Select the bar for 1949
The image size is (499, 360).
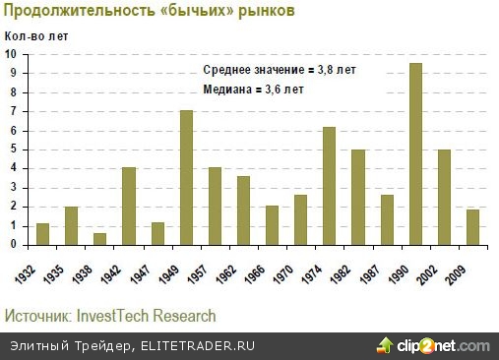[x=185, y=178]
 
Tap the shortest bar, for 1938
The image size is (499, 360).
[x=99, y=239]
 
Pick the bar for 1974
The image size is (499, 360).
[x=329, y=186]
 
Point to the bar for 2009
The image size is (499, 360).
[x=472, y=227]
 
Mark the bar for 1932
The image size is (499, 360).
[x=42, y=234]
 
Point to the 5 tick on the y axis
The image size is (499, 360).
[x=15, y=150]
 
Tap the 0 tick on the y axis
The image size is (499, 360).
[x=15, y=245]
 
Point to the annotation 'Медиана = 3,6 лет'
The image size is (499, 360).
[x=253, y=90]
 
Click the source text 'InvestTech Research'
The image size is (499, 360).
[x=149, y=316]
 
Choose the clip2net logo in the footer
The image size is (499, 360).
[x=432, y=345]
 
